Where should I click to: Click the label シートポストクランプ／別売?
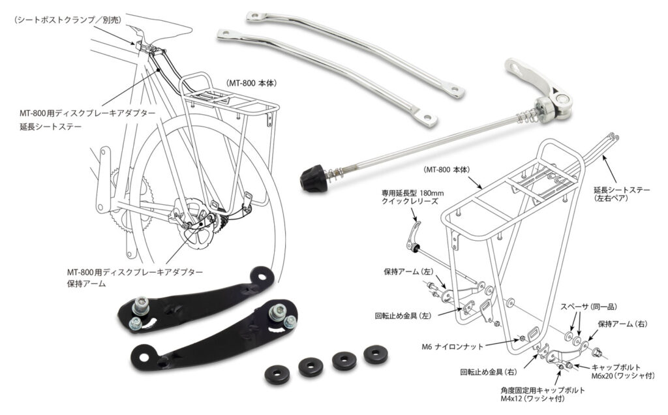[68, 20]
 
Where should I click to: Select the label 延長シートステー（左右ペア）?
[623, 194]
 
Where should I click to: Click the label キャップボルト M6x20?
[616, 372]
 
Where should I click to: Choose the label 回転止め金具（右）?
[489, 372]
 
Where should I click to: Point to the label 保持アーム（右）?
[622, 324]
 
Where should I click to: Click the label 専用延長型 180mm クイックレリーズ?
[410, 197]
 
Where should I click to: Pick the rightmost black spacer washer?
[376, 354]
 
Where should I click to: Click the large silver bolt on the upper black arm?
[140, 305]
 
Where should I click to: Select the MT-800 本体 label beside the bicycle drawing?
[253, 84]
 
